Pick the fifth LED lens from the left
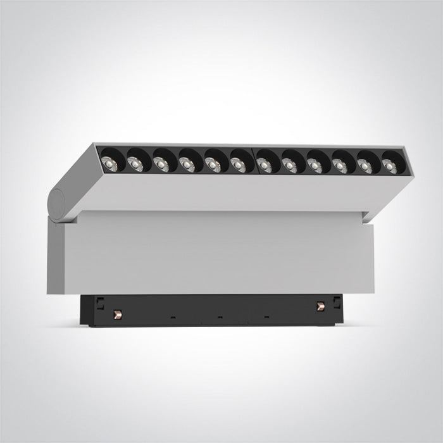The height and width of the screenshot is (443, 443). pyautogui.click(x=211, y=164)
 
